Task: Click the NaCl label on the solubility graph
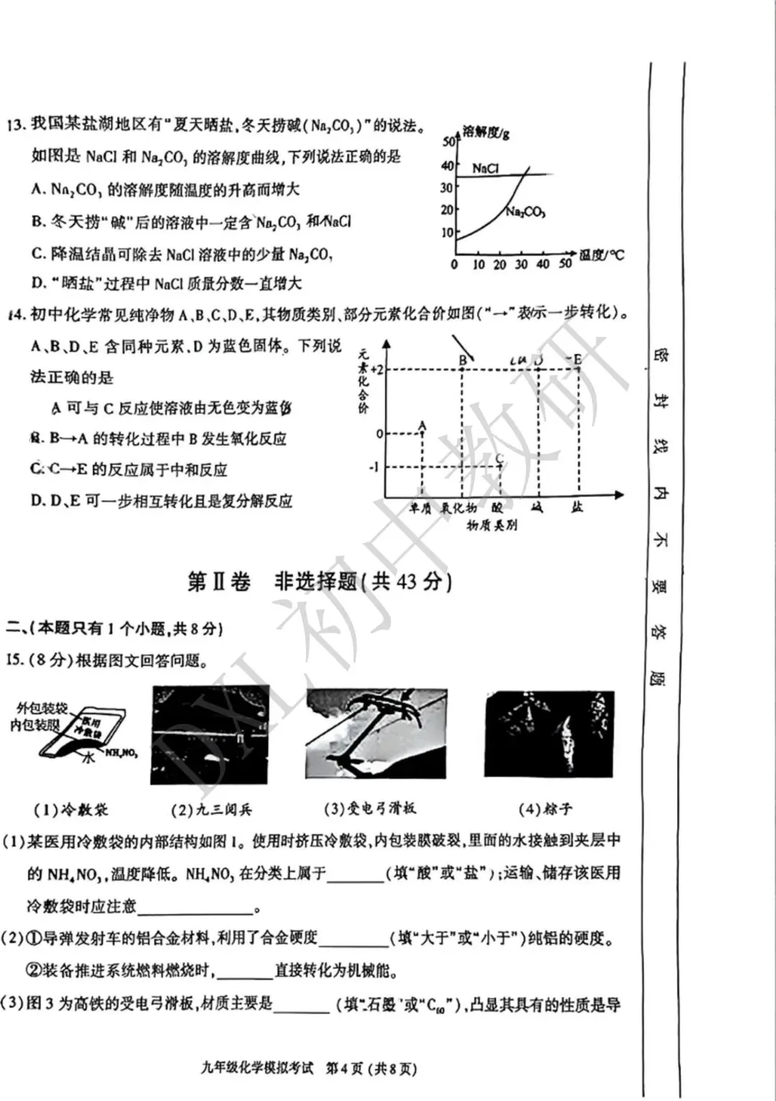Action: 485,168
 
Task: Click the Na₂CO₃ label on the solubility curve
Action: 525,211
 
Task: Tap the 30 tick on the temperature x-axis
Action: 521,264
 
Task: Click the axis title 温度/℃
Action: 601,255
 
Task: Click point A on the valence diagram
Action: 422,426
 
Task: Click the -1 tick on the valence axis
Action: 374,468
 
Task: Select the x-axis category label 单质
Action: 421,508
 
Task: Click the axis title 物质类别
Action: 491,525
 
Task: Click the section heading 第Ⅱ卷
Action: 218,581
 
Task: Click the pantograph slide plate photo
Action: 376,733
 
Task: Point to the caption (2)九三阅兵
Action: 211,809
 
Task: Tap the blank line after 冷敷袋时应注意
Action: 195,907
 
